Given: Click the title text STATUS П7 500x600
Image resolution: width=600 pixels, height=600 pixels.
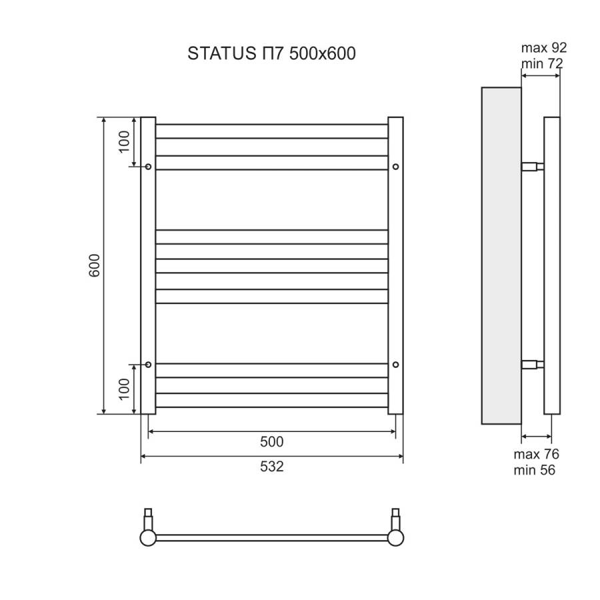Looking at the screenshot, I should point(271,54).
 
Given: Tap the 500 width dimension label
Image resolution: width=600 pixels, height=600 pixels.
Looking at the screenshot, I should point(272,442).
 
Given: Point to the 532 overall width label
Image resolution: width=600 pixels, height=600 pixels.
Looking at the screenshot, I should point(272,467).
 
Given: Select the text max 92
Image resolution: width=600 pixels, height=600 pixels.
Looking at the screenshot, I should point(543,48).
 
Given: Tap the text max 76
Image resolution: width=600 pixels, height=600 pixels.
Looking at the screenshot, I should point(536,455).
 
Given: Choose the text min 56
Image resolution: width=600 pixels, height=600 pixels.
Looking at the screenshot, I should point(535,470).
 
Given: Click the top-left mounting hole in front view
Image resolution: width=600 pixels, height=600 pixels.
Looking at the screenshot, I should point(148,166).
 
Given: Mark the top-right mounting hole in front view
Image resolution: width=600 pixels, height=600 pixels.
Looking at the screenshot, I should point(396,166).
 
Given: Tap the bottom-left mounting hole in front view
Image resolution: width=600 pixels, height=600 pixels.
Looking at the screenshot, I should point(148,364).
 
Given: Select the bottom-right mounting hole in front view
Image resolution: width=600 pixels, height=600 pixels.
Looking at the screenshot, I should point(396,364).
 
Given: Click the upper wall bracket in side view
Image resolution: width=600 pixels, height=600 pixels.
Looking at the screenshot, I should point(532,166).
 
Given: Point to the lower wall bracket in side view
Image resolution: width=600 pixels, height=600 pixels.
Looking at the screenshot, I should point(532,364).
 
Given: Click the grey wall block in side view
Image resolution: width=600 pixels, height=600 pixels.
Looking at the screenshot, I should point(501,255).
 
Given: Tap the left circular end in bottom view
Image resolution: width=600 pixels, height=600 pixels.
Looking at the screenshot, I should point(148,537).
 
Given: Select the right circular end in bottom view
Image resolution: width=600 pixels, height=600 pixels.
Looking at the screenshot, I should point(397,537).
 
